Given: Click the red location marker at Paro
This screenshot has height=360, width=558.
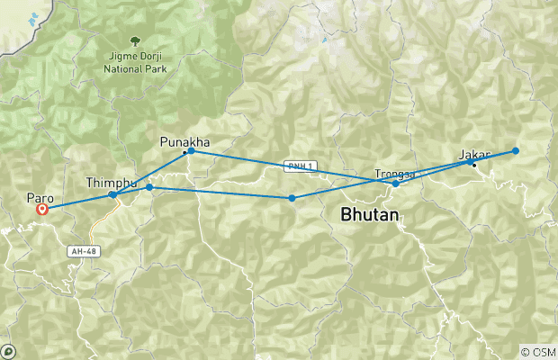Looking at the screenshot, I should pyautogui.click(x=41, y=210).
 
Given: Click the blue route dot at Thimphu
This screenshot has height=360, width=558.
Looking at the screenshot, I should pyautogui.click(x=112, y=194).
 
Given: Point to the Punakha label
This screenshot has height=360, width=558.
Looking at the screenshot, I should pyautogui.click(x=184, y=141).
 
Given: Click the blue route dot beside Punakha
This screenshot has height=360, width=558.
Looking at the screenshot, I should pyautogui.click(x=192, y=151).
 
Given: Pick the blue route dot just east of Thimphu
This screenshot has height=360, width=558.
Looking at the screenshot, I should pyautogui.click(x=149, y=187).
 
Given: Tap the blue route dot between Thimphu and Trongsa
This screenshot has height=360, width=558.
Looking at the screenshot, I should pyautogui.click(x=292, y=198).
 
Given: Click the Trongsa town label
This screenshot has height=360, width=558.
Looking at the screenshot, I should pyautogui.click(x=394, y=174).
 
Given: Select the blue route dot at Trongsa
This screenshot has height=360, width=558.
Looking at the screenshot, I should pyautogui.click(x=396, y=184).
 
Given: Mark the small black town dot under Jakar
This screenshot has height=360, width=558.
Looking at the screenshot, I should pyautogui.click(x=474, y=165).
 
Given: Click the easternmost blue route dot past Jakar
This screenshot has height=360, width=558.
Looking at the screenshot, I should pyautogui.click(x=516, y=150).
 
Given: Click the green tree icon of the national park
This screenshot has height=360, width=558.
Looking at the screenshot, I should pyautogui.click(x=134, y=41).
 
